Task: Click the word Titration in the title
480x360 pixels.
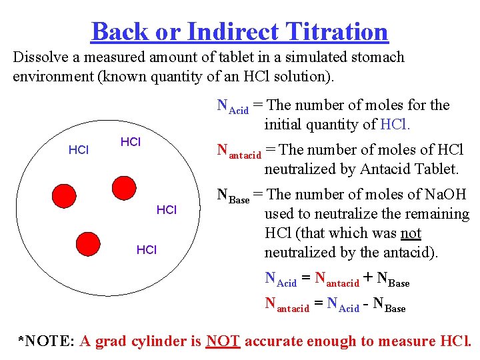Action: tap(336, 31)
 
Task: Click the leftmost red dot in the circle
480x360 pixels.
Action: tap(65, 195)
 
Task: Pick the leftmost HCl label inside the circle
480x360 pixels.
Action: tap(79, 150)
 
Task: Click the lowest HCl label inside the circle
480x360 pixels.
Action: tap(146, 250)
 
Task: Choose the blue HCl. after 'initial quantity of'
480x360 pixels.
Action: tap(395, 124)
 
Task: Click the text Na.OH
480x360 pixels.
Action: tap(441, 195)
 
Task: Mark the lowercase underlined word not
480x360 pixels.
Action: tap(411, 233)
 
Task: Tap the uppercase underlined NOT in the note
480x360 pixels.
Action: tap(223, 341)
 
